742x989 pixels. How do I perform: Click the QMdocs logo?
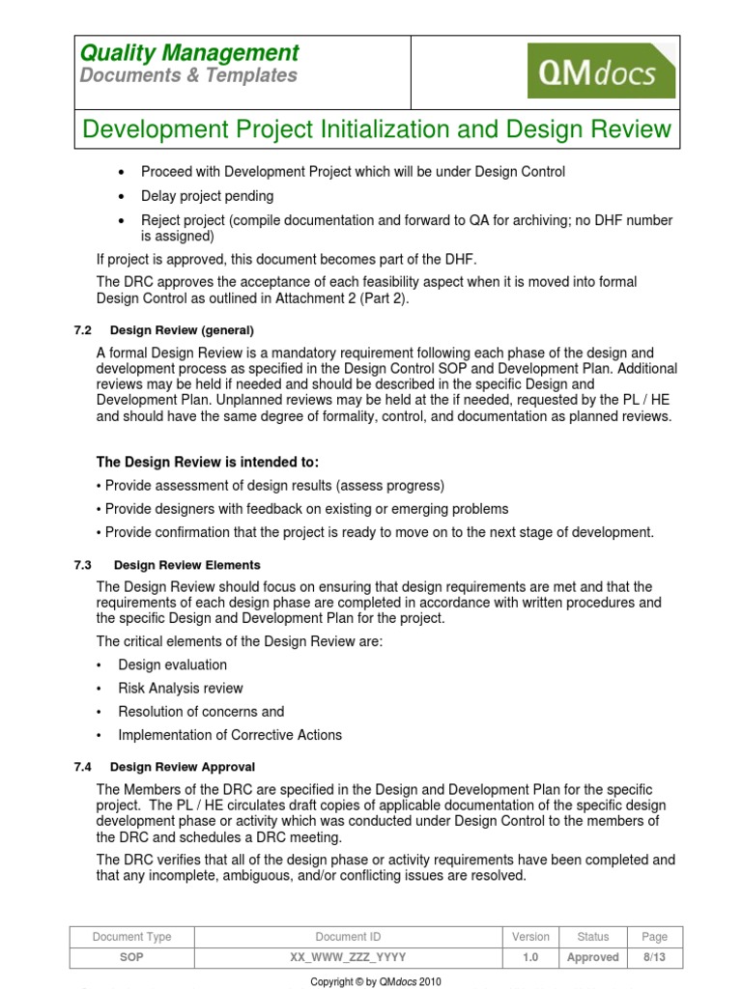[601, 71]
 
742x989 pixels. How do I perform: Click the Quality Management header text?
[189, 53]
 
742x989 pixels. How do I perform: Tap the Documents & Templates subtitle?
[188, 75]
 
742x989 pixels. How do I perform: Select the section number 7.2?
[82, 330]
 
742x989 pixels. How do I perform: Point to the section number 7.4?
[82, 767]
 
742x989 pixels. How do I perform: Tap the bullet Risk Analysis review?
[181, 689]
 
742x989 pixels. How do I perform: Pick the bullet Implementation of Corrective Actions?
[230, 735]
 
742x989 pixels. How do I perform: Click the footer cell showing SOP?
[132, 957]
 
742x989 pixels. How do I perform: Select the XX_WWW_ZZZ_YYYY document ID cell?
[348, 957]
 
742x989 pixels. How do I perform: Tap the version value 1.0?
[530, 957]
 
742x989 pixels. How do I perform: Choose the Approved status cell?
[592, 957]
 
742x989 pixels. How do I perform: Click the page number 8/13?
[654, 957]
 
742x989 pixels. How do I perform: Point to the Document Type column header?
[132, 937]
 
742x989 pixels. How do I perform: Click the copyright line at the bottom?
[375, 981]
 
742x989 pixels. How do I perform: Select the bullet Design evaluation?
[173, 665]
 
